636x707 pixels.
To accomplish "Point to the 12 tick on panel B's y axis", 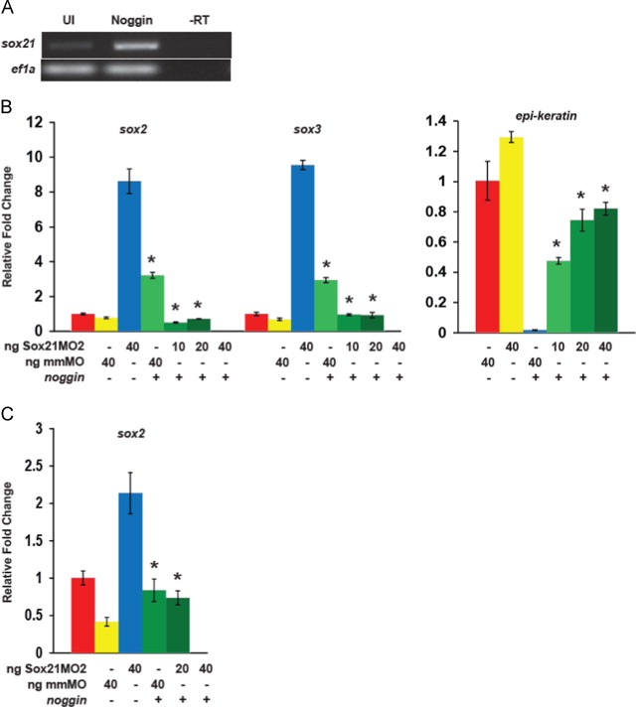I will coord(37,122).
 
